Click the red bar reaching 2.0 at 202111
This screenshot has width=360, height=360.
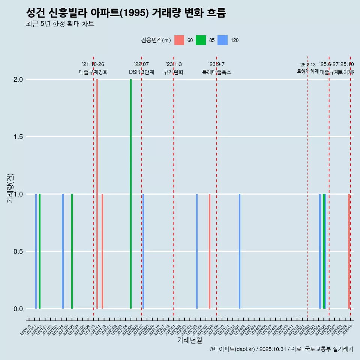click(97, 193)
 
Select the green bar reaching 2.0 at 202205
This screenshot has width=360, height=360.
click(131, 193)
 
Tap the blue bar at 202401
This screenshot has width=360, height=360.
click(240, 251)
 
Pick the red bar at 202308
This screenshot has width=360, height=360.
click(210, 251)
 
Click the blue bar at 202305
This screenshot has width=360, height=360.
click(197, 251)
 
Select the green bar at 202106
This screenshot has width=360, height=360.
click(72, 251)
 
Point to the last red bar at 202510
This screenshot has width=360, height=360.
click(349, 251)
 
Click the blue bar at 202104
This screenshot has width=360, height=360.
click(63, 251)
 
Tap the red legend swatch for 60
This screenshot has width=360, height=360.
click(179, 40)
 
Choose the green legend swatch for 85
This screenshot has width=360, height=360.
click(201, 40)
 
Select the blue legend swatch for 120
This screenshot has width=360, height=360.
click(223, 40)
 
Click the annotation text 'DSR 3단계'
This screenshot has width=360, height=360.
click(141, 72)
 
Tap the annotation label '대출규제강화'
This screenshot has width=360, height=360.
click(93, 72)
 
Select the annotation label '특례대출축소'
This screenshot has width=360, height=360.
click(216, 72)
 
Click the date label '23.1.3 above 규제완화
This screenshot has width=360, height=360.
click(174, 64)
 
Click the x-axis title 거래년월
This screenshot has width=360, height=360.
click(189, 340)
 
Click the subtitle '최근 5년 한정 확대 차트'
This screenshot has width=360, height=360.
click(60, 24)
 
